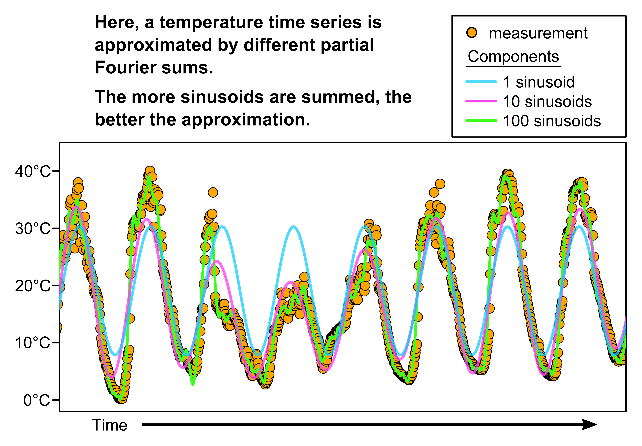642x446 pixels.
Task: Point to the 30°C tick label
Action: click(33, 229)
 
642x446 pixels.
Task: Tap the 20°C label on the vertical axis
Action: click(33, 286)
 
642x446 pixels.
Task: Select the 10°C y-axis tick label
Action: click(33, 343)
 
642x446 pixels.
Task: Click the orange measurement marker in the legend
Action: click(472, 33)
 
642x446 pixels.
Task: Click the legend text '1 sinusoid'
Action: click(539, 82)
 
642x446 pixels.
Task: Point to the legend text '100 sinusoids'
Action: click(552, 121)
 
